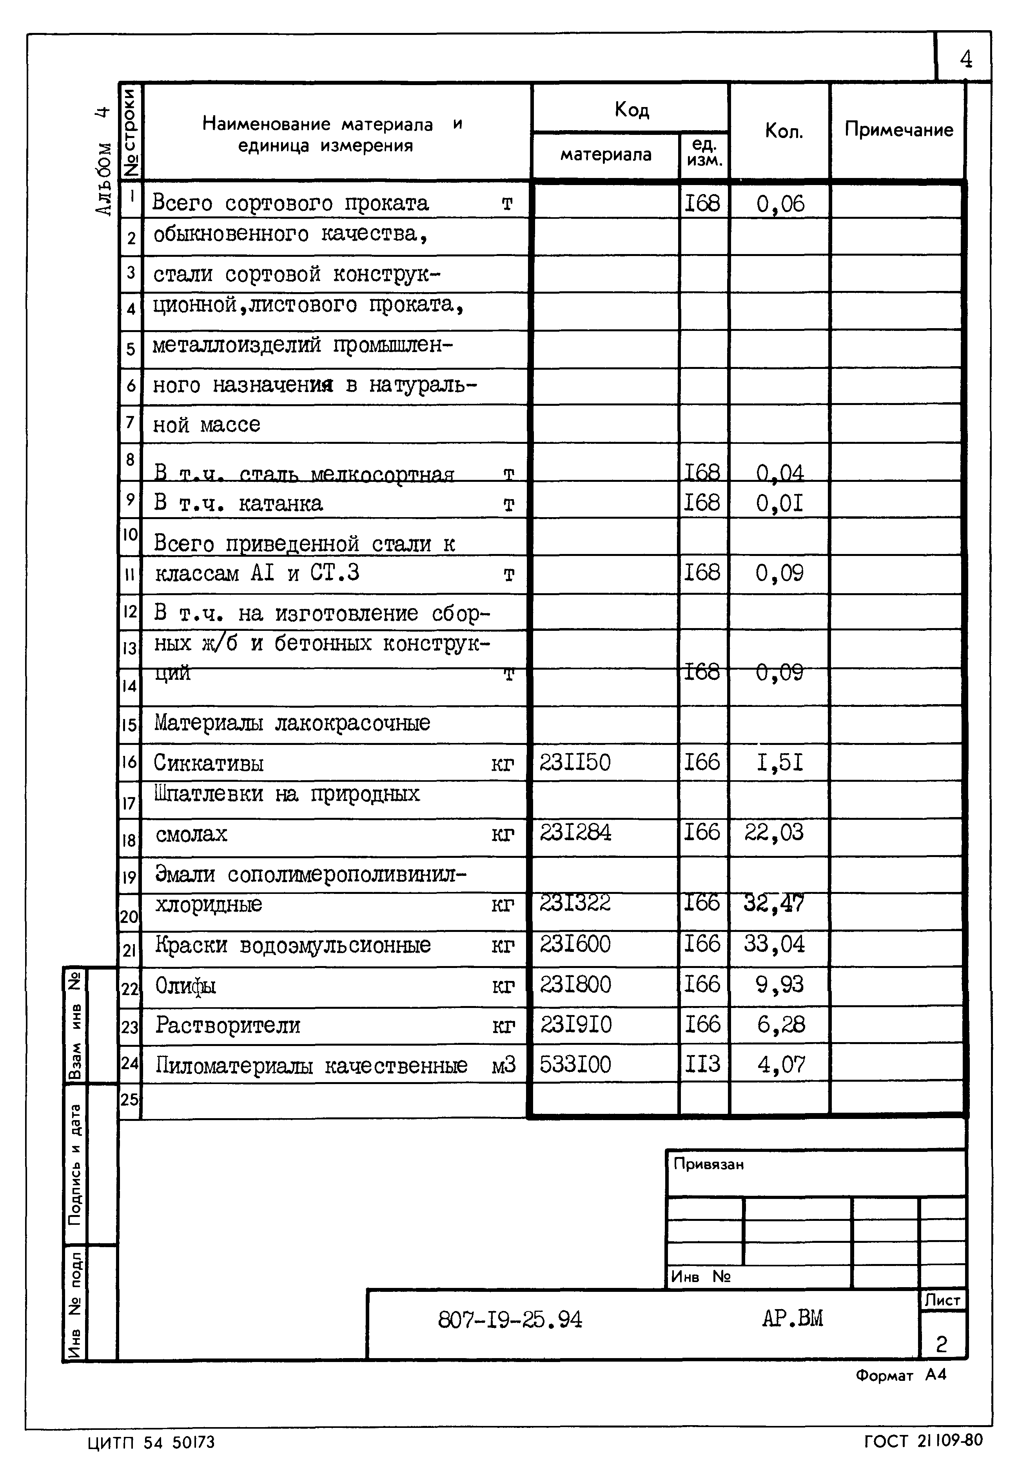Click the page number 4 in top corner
point(966,59)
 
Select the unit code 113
point(702,1064)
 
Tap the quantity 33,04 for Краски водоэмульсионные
point(774,944)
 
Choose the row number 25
point(129,1099)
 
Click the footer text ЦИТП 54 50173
point(151,1442)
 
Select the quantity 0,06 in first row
point(780,204)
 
